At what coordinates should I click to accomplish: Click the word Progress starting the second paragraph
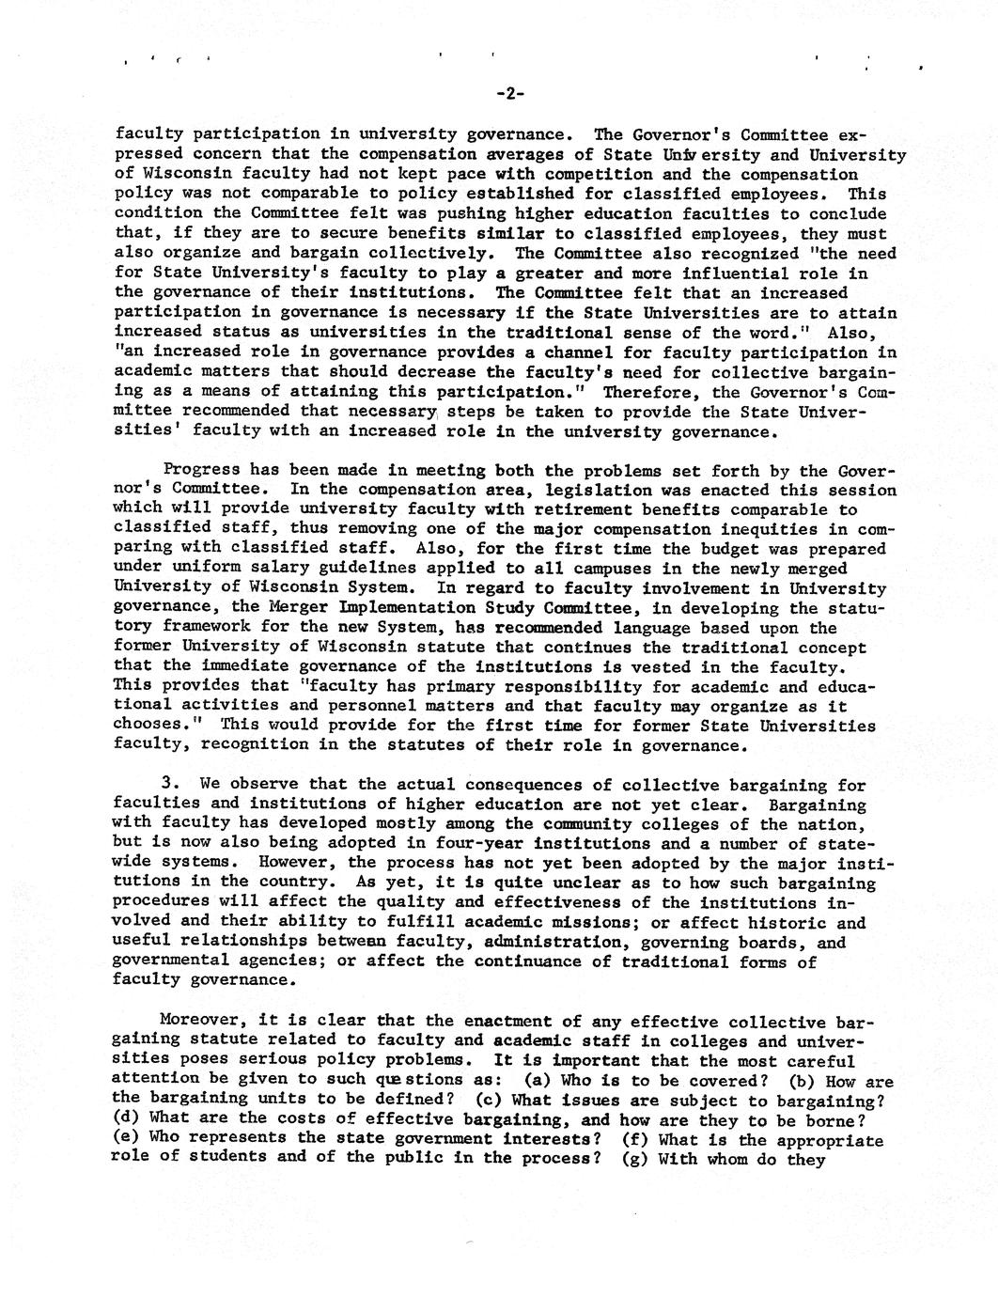(201, 470)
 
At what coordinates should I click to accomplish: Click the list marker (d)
(126, 1120)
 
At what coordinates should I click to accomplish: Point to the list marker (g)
(638, 1159)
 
